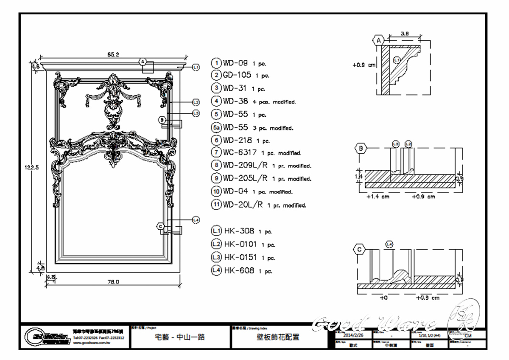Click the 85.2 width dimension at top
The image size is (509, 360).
(x=113, y=54)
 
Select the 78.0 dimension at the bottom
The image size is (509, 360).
(x=114, y=281)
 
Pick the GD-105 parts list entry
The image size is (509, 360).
(x=238, y=76)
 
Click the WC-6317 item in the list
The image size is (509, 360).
(x=239, y=152)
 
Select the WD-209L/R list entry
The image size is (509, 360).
(x=245, y=166)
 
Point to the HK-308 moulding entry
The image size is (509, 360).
(x=239, y=231)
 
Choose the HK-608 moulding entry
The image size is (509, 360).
(x=239, y=270)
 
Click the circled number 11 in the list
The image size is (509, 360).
(x=216, y=205)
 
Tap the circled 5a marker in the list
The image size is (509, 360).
(x=216, y=127)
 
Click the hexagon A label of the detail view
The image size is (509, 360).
(x=378, y=41)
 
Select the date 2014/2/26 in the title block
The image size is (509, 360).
(x=353, y=335)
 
